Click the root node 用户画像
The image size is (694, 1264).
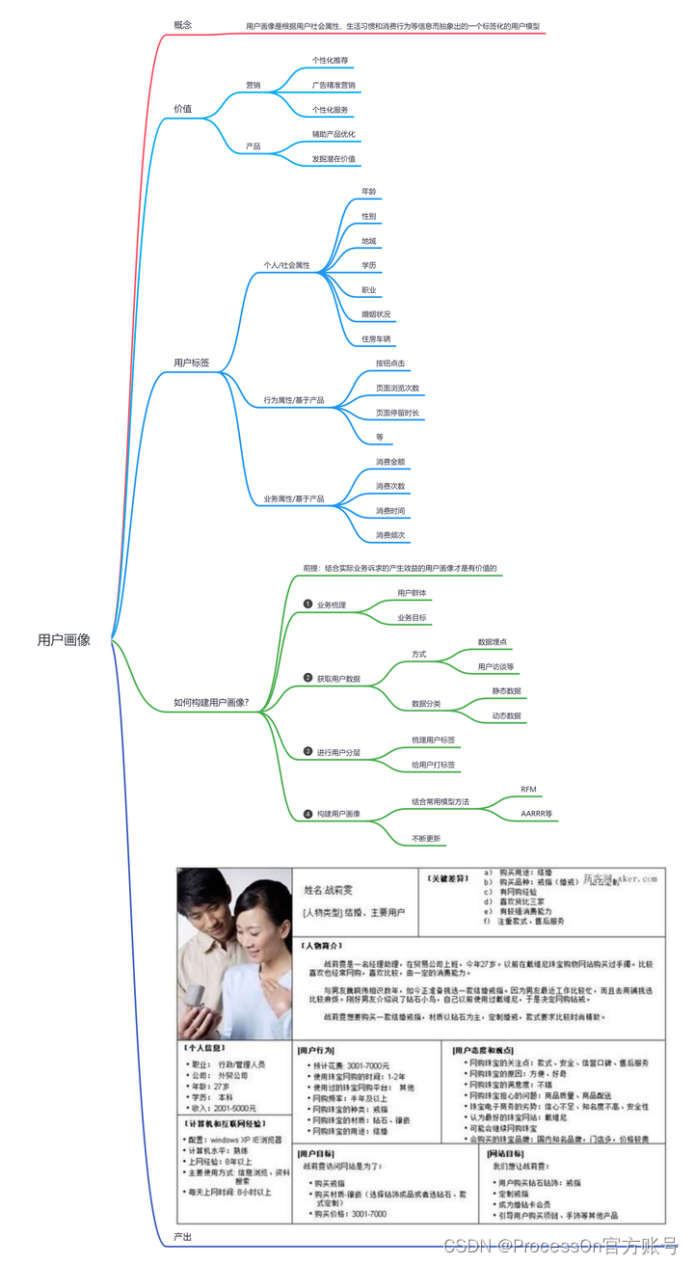64,639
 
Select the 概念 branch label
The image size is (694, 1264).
182,25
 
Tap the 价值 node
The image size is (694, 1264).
182,109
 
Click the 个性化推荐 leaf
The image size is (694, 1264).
331,60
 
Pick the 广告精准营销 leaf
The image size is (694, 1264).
334,85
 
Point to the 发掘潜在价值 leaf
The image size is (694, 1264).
334,158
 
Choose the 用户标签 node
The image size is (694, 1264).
191,363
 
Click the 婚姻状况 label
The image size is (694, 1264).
376,314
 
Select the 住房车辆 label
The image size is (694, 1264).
376,339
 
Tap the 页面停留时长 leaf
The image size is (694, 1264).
397,413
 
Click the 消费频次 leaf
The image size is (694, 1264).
390,534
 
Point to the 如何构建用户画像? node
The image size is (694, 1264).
211,702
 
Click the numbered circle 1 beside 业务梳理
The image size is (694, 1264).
307,605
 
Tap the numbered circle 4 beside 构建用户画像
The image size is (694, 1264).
307,814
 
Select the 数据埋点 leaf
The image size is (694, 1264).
494,641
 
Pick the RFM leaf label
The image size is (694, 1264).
528,789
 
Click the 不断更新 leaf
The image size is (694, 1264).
426,839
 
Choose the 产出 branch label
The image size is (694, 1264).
182,1236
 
